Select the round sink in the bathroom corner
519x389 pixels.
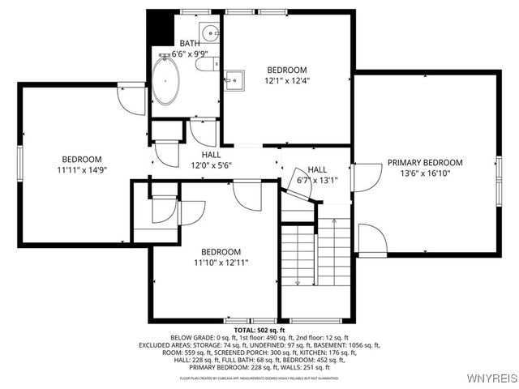tap(209, 34)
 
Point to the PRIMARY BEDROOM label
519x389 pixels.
tap(424, 162)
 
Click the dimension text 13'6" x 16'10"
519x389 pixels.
tap(424, 173)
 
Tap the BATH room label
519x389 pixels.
tap(189, 43)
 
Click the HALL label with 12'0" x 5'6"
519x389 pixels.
tap(211, 154)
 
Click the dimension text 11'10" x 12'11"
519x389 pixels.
tap(221, 263)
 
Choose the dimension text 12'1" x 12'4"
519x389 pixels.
tap(286, 80)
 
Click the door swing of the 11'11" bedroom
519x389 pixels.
tap(130, 97)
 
